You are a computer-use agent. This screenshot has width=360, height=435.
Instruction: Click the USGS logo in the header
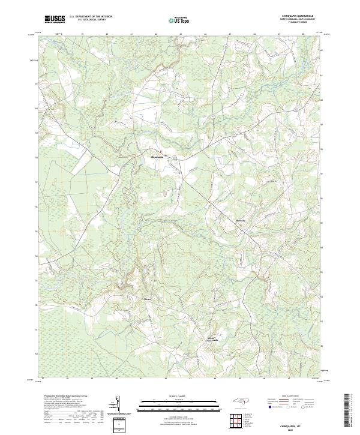(x=54, y=19)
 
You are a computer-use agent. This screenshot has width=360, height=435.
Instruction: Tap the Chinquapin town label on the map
(x=155, y=158)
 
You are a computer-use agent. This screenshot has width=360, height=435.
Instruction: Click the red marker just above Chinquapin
(x=160, y=151)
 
